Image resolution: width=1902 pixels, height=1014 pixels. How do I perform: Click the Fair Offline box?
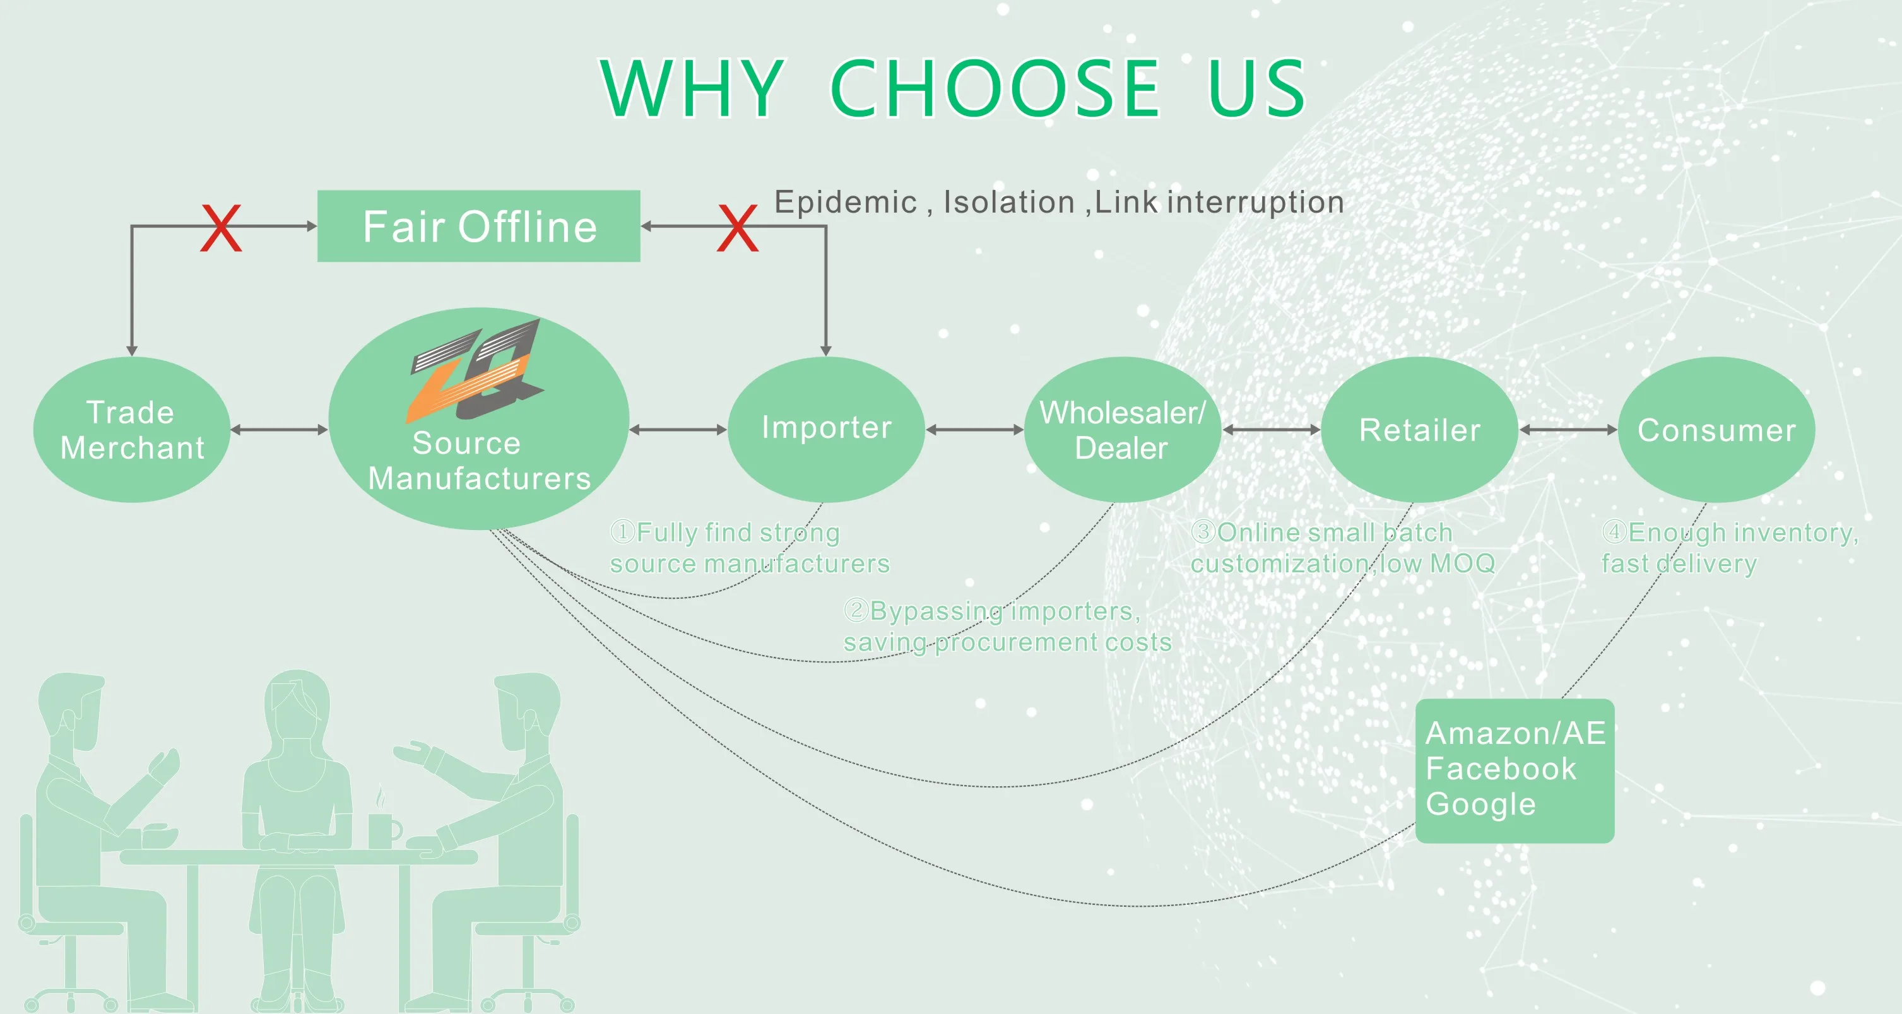point(478,226)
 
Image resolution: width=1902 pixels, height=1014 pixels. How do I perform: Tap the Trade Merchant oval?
point(131,430)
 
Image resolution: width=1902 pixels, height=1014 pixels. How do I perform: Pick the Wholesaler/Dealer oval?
point(1122,430)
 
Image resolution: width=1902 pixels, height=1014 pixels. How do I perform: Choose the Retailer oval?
point(1419,430)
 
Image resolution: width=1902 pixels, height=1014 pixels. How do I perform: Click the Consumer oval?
point(1716,430)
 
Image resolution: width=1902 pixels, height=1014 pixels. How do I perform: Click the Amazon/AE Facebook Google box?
point(1515,770)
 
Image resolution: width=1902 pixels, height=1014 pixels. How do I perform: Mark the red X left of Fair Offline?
point(221,228)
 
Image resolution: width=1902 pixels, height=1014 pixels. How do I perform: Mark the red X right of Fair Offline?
point(738,228)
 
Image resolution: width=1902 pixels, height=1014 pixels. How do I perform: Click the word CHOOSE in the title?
point(995,88)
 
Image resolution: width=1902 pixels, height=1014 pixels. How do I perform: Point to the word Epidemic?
point(846,203)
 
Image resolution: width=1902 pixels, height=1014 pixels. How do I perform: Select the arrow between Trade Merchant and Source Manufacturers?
point(279,429)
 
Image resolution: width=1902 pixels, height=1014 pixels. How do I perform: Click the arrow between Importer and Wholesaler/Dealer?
point(974,429)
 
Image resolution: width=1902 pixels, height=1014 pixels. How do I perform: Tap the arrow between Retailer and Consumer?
point(1568,429)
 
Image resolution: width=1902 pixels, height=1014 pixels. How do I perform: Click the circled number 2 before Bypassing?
point(855,610)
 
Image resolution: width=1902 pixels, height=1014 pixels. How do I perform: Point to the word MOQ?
point(1462,563)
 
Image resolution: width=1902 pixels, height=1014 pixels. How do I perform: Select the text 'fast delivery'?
point(1678,563)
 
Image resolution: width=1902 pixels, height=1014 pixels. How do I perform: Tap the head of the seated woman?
point(297,702)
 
